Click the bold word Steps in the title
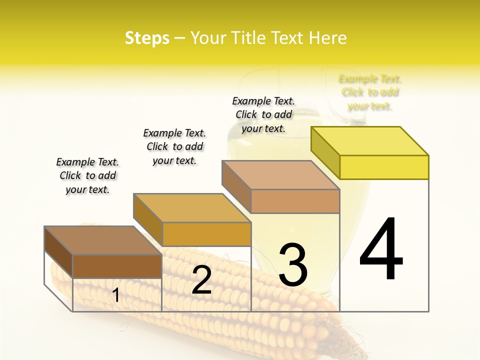point(147,38)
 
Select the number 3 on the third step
point(293,265)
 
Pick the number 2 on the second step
point(201,280)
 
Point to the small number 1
point(116,295)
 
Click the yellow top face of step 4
point(370,141)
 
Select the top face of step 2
point(192,208)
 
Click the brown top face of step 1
point(103,240)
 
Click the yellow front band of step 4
point(384,167)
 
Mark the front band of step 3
point(295,201)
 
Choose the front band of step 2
point(206,234)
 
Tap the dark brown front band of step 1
point(117,266)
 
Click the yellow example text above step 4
point(370,92)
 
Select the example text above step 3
point(263,114)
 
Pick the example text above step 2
point(174,146)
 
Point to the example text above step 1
point(87,175)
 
